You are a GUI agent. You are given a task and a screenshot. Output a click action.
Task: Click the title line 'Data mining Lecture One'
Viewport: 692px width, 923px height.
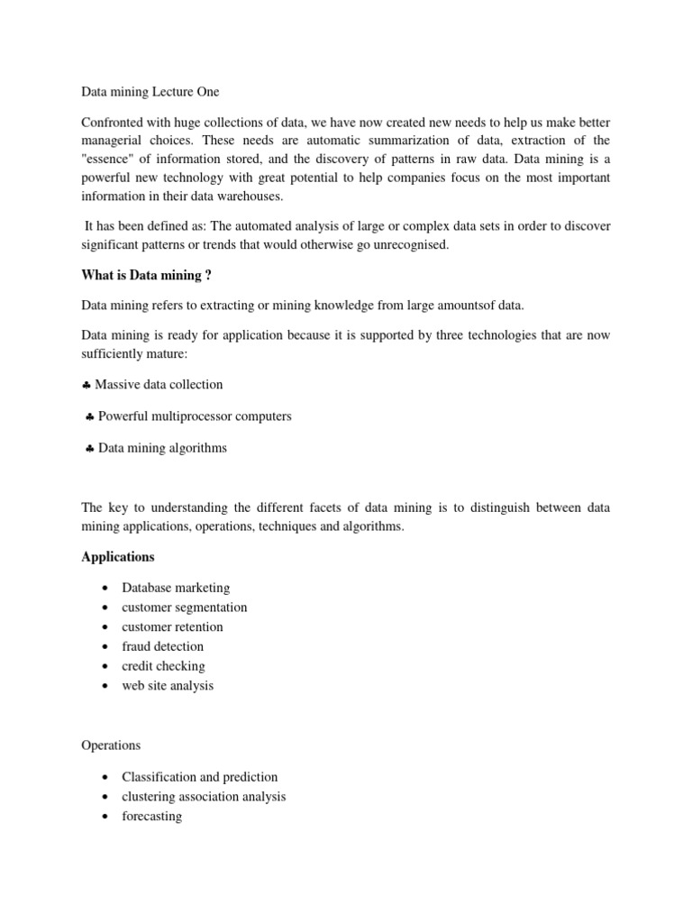click(150, 92)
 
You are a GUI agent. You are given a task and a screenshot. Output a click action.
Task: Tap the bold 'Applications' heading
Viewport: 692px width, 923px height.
click(117, 557)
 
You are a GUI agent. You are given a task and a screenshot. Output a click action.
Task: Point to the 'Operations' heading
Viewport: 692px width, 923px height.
click(111, 745)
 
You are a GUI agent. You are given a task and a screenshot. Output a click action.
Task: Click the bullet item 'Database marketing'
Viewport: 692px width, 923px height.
click(176, 588)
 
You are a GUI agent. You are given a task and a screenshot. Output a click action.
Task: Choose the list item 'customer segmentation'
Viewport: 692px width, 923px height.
click(184, 608)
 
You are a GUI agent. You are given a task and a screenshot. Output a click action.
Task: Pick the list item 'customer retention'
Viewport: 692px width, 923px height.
click(172, 626)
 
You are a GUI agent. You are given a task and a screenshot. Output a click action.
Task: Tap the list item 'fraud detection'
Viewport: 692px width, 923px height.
click(163, 646)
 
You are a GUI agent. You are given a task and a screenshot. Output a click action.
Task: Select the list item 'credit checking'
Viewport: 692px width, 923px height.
click(163, 666)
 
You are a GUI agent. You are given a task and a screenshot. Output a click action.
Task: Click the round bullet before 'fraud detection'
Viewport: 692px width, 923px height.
click(105, 647)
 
